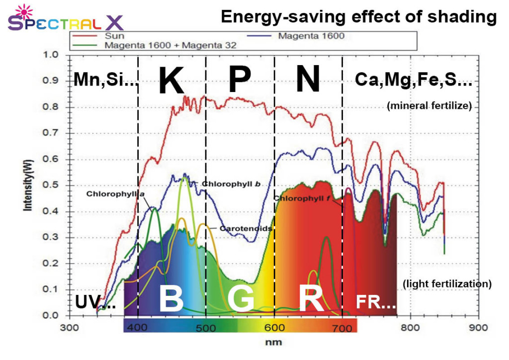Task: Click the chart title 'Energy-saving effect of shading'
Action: coord(358,16)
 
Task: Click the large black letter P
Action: coord(240,80)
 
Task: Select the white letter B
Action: coord(171,299)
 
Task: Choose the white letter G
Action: coord(241,299)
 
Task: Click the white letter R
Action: coord(311,299)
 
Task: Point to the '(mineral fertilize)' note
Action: coord(428,105)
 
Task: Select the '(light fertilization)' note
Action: coord(447,284)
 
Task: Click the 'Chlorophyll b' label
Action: coord(232,184)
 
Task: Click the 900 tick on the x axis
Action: coord(478,328)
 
